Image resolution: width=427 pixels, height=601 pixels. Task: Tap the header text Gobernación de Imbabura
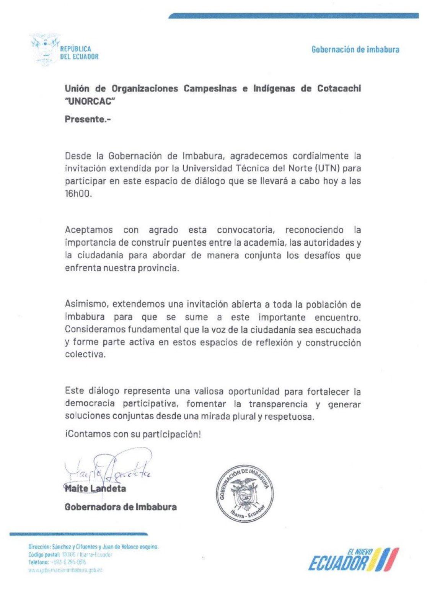355,49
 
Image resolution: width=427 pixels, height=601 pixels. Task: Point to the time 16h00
78,194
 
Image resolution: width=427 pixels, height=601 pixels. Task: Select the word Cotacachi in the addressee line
339,88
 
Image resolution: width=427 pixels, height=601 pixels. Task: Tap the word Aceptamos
89,230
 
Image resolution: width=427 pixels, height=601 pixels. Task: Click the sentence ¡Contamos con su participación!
133,435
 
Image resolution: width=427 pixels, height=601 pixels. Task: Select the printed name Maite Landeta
95,489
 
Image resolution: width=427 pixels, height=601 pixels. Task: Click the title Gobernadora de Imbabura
121,507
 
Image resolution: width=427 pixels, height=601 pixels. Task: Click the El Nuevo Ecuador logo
354,559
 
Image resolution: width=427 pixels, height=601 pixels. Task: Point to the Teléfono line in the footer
57,562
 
